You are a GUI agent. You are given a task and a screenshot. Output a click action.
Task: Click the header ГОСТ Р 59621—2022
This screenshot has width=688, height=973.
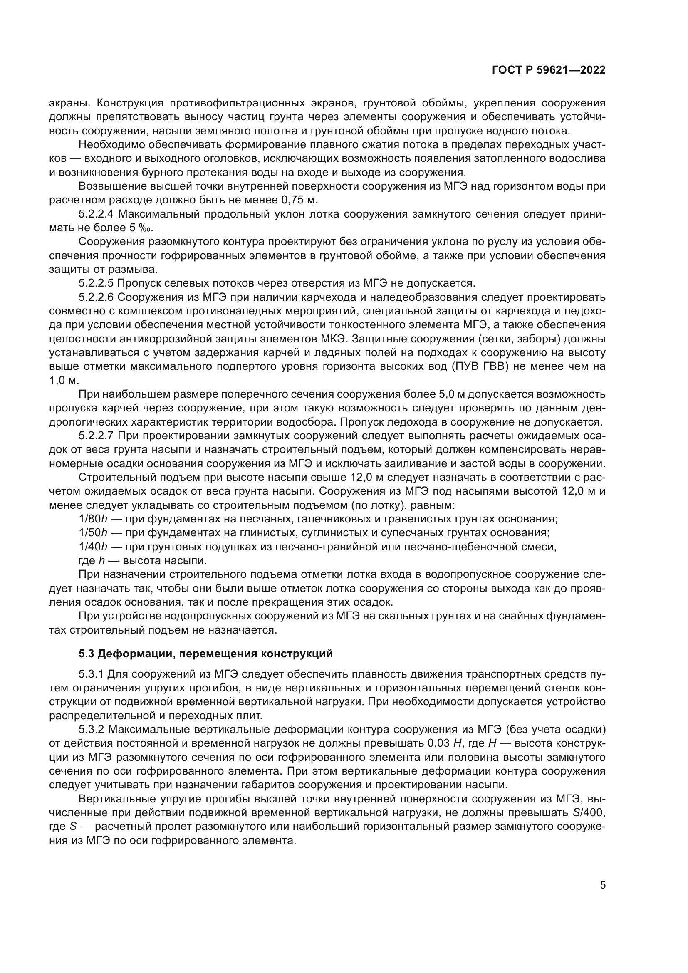pyautogui.click(x=549, y=70)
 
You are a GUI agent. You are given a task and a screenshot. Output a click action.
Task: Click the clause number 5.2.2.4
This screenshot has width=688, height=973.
pyautogui.click(x=96, y=214)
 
